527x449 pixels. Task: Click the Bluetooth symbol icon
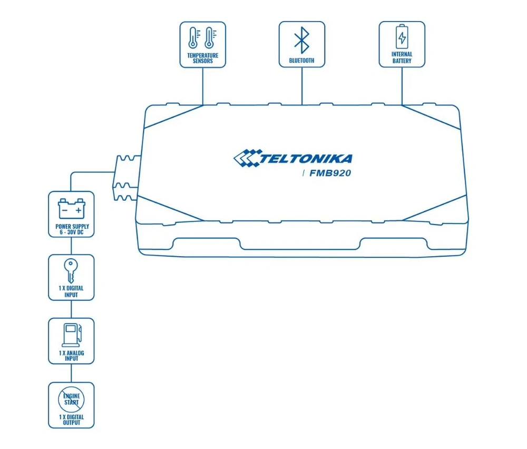point(301,39)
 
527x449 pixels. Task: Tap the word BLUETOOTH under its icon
point(301,61)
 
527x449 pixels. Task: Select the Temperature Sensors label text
point(202,58)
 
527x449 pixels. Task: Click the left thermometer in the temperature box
point(193,38)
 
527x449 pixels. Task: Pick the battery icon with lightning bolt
point(402,37)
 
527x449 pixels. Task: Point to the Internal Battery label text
point(402,57)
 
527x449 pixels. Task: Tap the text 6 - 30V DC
point(71,232)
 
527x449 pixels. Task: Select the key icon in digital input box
point(71,271)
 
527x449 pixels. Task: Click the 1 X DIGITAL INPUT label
point(71,292)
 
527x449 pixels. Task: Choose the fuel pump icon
point(72,334)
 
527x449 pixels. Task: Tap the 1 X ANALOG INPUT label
point(71,356)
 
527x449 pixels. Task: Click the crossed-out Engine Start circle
point(71,398)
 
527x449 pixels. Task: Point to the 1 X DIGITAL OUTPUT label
point(71,419)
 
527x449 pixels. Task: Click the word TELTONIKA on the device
point(306,159)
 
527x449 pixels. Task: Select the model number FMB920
point(330,173)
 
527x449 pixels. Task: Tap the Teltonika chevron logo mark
point(247,158)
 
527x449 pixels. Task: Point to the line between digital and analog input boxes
point(71,309)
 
